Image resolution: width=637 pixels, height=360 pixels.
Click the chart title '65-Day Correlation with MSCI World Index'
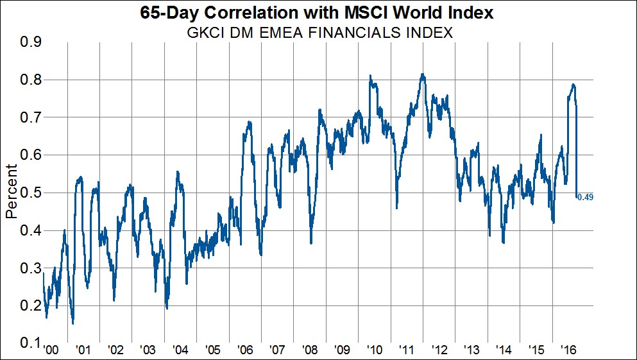[318, 13]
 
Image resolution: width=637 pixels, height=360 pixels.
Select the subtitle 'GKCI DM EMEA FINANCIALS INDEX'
[318, 33]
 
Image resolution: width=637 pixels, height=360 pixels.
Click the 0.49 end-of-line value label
[585, 197]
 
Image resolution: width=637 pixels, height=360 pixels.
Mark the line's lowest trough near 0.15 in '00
[73, 323]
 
